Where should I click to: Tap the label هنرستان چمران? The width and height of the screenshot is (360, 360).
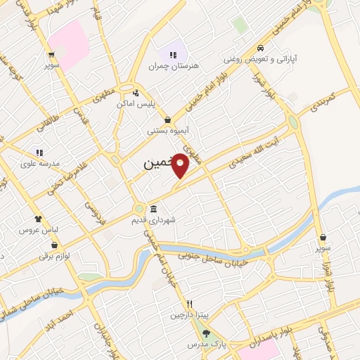coord(174,65)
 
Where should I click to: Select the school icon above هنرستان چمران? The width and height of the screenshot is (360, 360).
coord(173,54)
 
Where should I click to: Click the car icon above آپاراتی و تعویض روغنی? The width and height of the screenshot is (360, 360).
coord(261,49)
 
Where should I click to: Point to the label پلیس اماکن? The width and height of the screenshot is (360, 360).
coord(135,103)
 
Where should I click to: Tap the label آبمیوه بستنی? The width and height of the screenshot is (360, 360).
coord(167,130)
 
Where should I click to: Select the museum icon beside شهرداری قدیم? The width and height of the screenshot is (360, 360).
coord(153,208)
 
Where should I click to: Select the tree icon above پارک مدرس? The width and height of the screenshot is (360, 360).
coord(205,334)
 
